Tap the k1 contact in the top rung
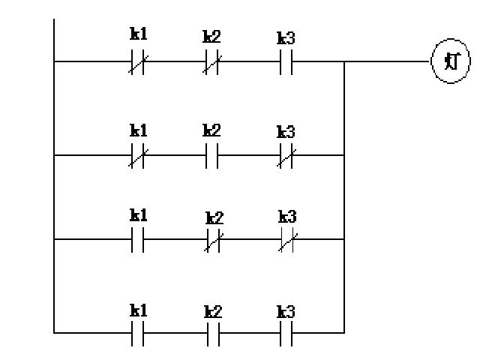tap(137, 62)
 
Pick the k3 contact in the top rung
tap(286, 62)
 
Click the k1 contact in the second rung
tap(137, 156)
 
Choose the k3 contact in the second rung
tap(286, 156)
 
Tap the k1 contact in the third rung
tap(137, 240)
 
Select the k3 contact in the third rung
tap(287, 240)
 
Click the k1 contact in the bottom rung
tap(137, 331)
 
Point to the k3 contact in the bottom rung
tap(286, 331)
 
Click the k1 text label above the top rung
tap(139, 34)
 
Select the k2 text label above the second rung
tap(211, 130)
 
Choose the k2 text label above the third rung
tap(214, 217)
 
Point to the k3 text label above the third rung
tap(287, 216)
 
